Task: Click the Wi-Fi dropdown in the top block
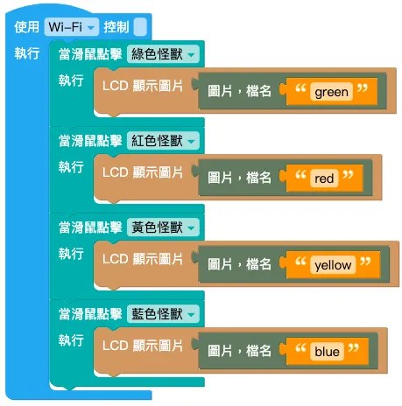pyautogui.click(x=72, y=27)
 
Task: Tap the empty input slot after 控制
pyautogui.click(x=140, y=27)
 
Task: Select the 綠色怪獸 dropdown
pyautogui.click(x=163, y=54)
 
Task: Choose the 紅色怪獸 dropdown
pyautogui.click(x=163, y=141)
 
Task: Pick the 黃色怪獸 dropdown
pyautogui.click(x=163, y=227)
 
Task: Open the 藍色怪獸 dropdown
pyautogui.click(x=163, y=314)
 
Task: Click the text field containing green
pyautogui.click(x=331, y=92)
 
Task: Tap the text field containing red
pyautogui.click(x=324, y=178)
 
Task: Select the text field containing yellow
pyautogui.click(x=333, y=265)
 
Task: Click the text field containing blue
pyautogui.click(x=327, y=352)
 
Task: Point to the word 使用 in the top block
pyautogui.click(x=27, y=27)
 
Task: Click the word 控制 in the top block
pyautogui.click(x=116, y=27)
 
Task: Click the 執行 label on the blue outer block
pyautogui.click(x=27, y=53)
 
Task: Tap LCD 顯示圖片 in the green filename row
pyautogui.click(x=143, y=86)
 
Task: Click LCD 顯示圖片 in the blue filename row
pyautogui.click(x=143, y=346)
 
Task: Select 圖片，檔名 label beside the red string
pyautogui.click(x=239, y=178)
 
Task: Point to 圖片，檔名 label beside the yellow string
pyautogui.click(x=239, y=264)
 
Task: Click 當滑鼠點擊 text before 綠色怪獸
pyautogui.click(x=90, y=54)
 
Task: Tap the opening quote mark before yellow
pyautogui.click(x=300, y=262)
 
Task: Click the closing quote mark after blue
pyautogui.click(x=354, y=348)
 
